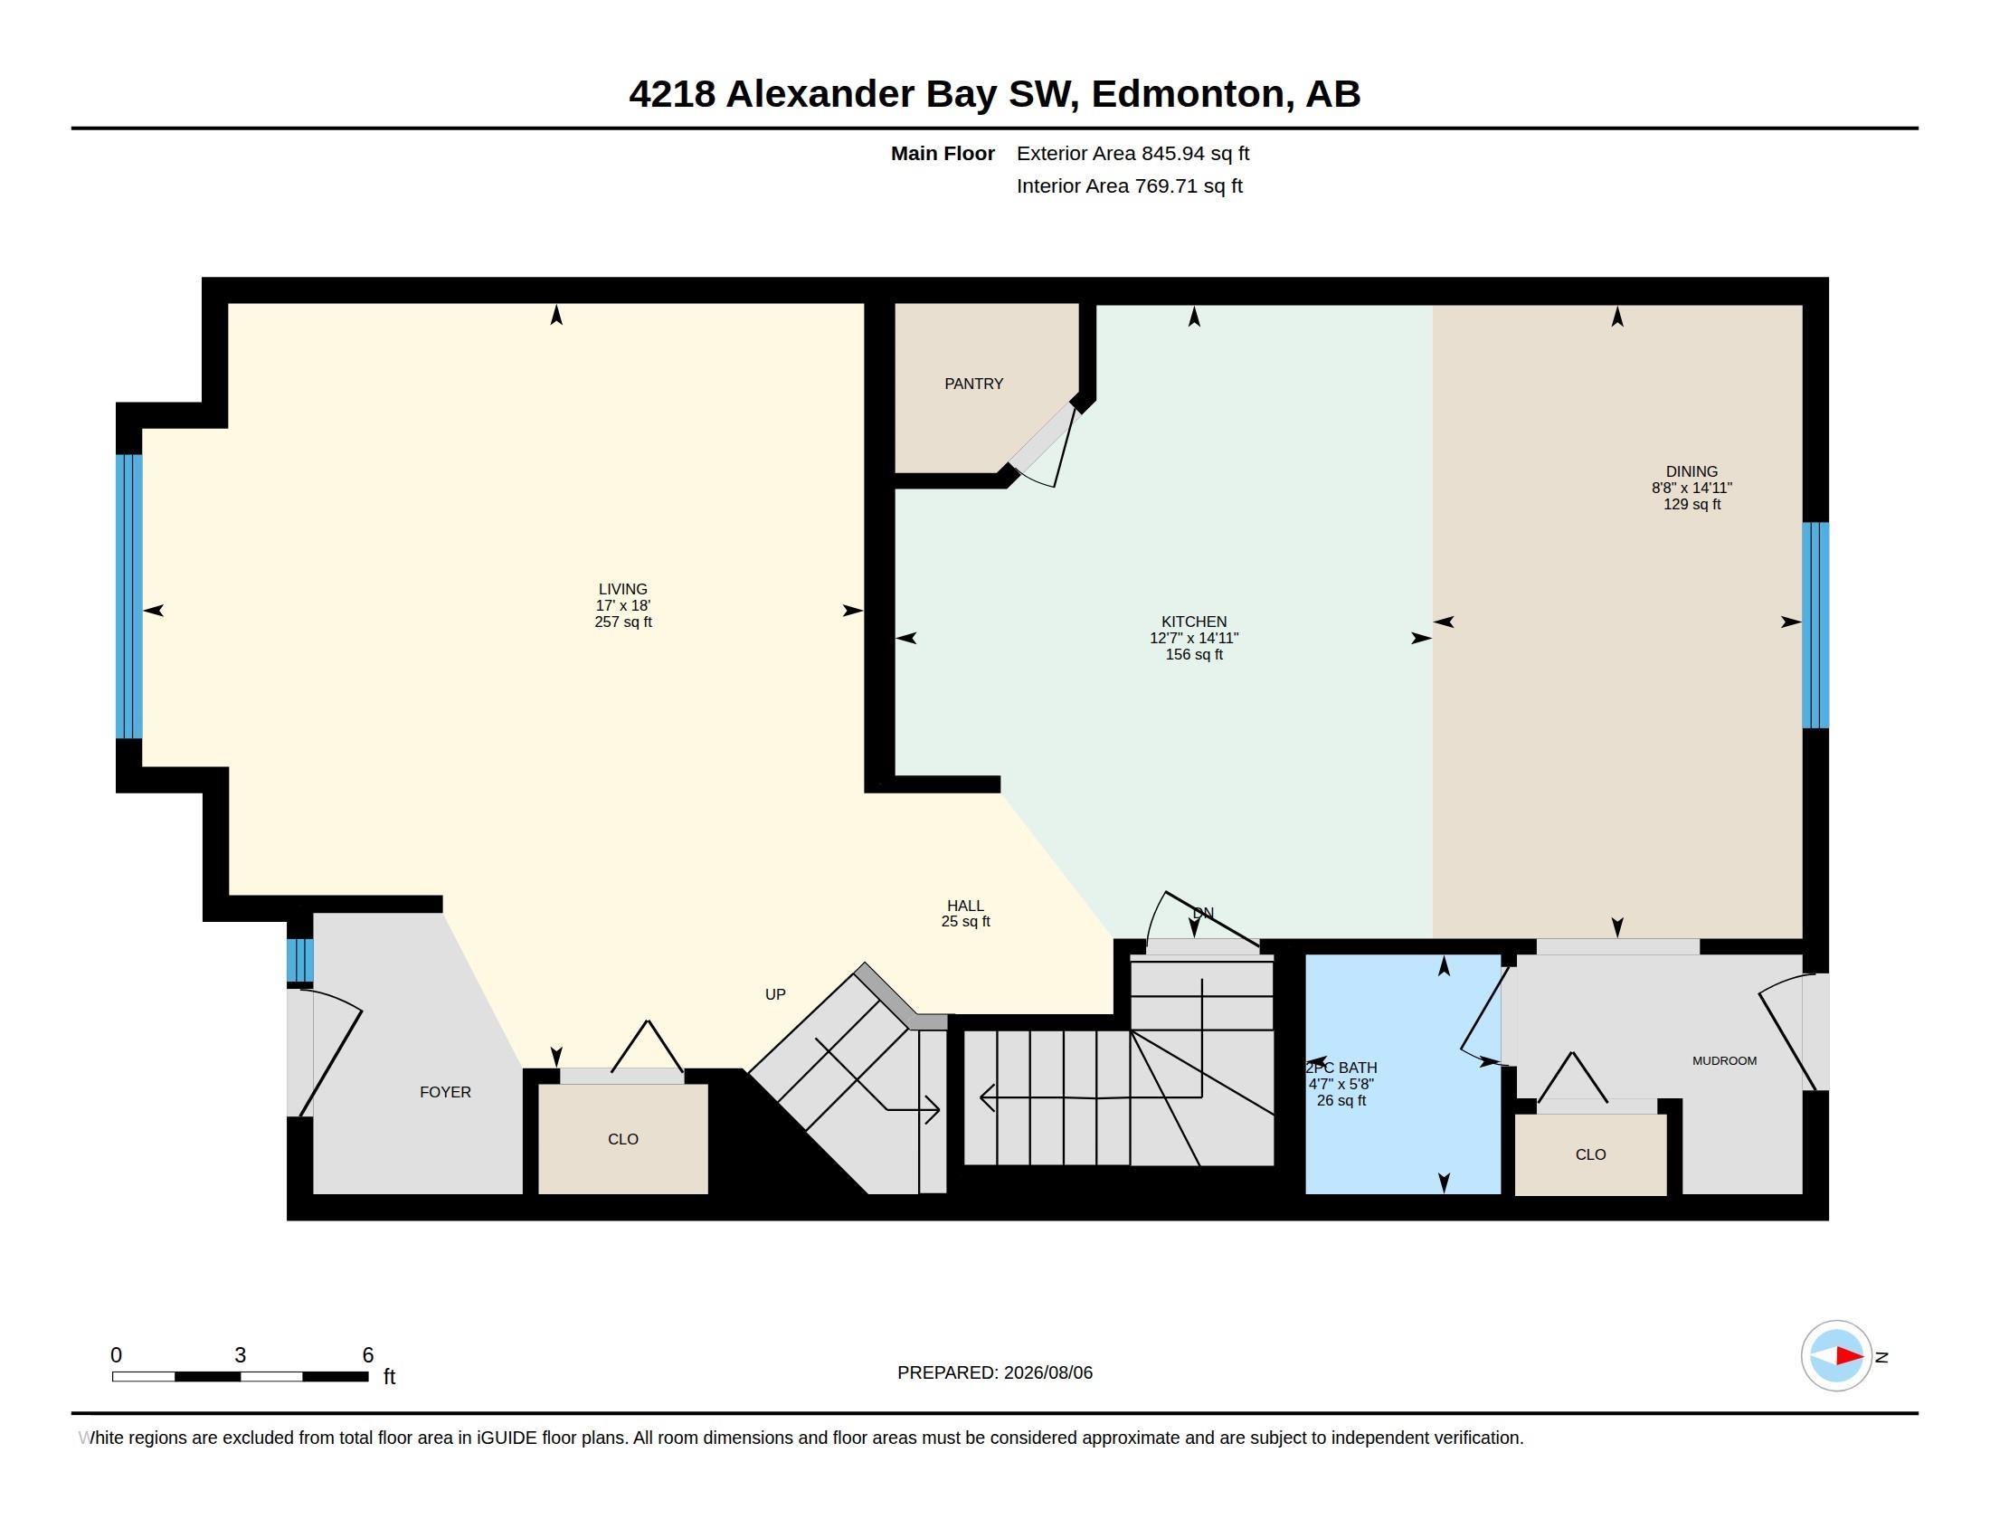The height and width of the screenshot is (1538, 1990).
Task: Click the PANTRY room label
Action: coord(974,384)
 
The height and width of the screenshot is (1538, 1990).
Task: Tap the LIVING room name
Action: coord(623,590)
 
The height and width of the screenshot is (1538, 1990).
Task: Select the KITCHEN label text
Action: coord(1194,622)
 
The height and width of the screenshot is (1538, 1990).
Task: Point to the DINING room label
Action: coord(1692,471)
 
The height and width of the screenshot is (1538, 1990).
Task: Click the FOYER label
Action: coord(446,1092)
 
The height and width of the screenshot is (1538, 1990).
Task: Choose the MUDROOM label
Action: coord(1725,1060)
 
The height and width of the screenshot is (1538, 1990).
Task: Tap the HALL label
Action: coord(965,906)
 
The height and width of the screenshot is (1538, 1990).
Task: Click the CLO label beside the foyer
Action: coord(623,1139)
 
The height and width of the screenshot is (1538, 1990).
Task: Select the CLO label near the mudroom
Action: coord(1591,1154)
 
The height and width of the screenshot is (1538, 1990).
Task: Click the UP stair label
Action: coord(775,994)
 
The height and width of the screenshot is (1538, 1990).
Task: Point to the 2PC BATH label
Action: coord(1341,1068)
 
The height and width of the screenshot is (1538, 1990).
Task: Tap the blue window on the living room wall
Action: coord(129,596)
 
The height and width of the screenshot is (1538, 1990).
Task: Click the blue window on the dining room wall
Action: coord(1816,625)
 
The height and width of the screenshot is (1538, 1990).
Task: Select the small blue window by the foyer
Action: coord(299,960)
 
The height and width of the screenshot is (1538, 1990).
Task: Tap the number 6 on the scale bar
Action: coord(368,1355)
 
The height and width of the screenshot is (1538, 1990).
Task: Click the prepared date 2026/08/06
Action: coord(1047,1372)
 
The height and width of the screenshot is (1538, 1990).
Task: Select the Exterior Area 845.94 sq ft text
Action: coord(1132,153)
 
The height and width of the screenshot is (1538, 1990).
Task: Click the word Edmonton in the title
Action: coord(1193,94)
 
